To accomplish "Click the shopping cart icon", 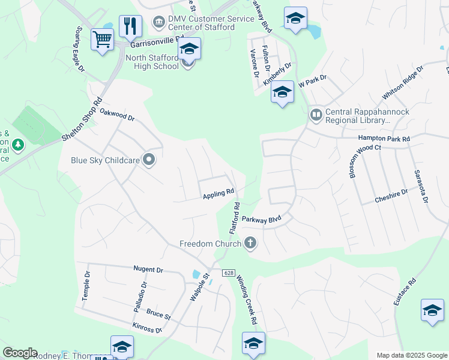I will (x=102, y=40).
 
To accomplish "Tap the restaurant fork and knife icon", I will (x=130, y=26).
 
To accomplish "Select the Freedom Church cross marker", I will (x=250, y=243).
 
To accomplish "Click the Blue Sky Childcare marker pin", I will (x=149, y=160).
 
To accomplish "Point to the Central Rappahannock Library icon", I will (x=316, y=114).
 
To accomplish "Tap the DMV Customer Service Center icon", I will (x=158, y=23).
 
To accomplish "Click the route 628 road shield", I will (x=229, y=272).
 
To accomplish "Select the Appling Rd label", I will (x=218, y=194).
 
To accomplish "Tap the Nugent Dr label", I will (x=148, y=270).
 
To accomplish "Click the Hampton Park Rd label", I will (x=384, y=139).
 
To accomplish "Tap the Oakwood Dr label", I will (x=117, y=115).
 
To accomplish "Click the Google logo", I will (x=20, y=353).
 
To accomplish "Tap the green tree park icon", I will (x=19, y=145).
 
